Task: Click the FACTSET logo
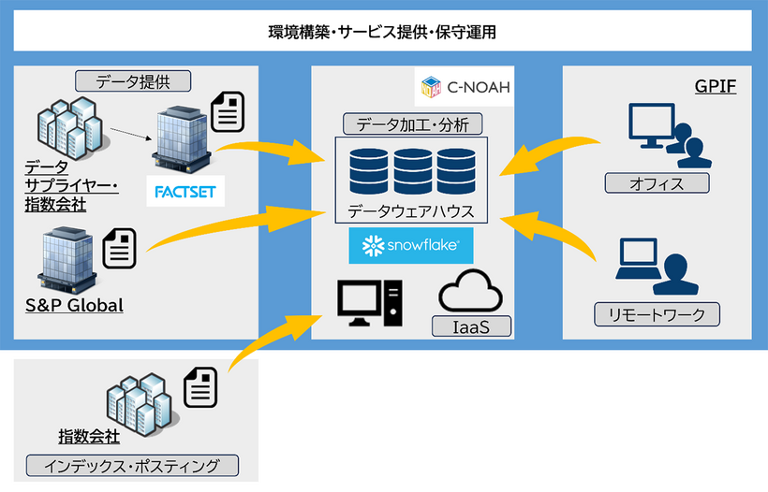point(185,194)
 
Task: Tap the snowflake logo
point(411,246)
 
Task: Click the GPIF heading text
point(716,87)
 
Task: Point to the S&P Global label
point(74,305)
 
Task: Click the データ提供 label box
point(133,81)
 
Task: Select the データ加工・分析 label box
point(413,123)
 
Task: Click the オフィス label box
point(657,182)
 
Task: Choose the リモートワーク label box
point(657,314)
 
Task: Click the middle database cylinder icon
point(412,172)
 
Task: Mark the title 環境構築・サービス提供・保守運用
point(383,32)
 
